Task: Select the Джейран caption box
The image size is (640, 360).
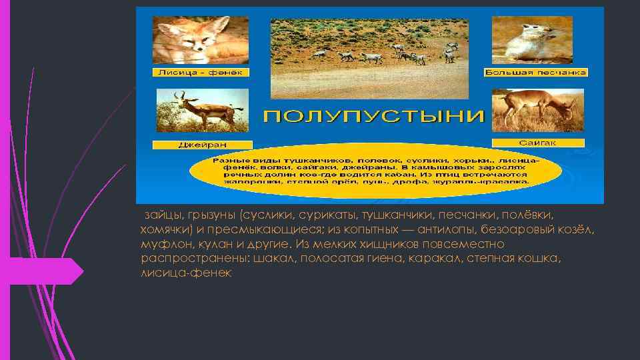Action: tap(202, 145)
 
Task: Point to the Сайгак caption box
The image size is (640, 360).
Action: tap(537, 143)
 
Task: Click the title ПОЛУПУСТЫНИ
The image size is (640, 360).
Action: tap(373, 117)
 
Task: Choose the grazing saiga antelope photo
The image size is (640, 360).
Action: tap(537, 110)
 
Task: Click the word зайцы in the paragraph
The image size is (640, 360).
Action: tap(159, 216)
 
